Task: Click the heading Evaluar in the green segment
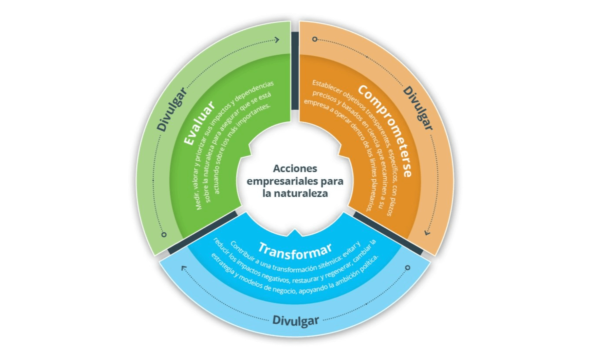click(x=199, y=123)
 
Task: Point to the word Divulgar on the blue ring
click(x=296, y=320)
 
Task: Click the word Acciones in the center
click(x=295, y=169)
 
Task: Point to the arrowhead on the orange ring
click(x=427, y=233)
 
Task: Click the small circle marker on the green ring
click(x=164, y=235)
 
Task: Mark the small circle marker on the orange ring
click(x=315, y=39)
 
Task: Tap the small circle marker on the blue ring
click(x=408, y=268)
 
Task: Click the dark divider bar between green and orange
click(x=295, y=70)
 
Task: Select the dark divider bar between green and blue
click(x=202, y=232)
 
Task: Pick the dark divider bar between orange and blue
click(x=388, y=233)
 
